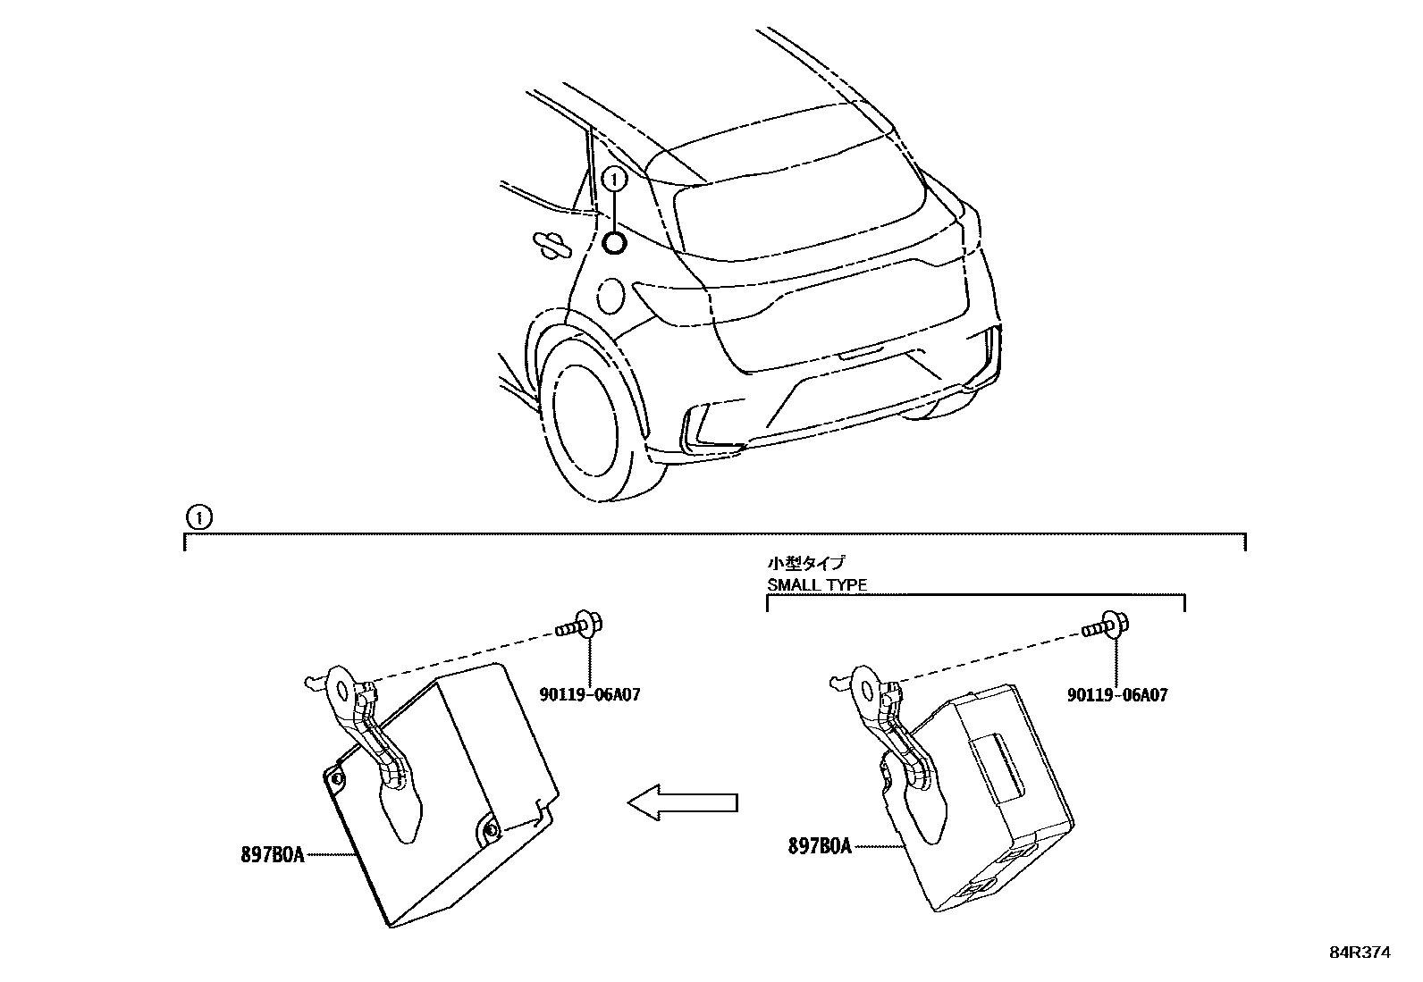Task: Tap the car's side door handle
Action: coord(550,244)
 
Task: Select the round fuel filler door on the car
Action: coord(611,295)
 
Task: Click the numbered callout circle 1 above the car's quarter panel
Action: coord(614,180)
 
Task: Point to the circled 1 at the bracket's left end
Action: coord(198,517)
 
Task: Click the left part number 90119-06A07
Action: coord(590,694)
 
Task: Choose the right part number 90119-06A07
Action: coord(1117,694)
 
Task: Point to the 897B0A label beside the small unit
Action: coord(820,844)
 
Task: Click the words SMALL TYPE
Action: coord(817,586)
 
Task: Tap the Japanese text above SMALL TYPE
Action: coord(805,563)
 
